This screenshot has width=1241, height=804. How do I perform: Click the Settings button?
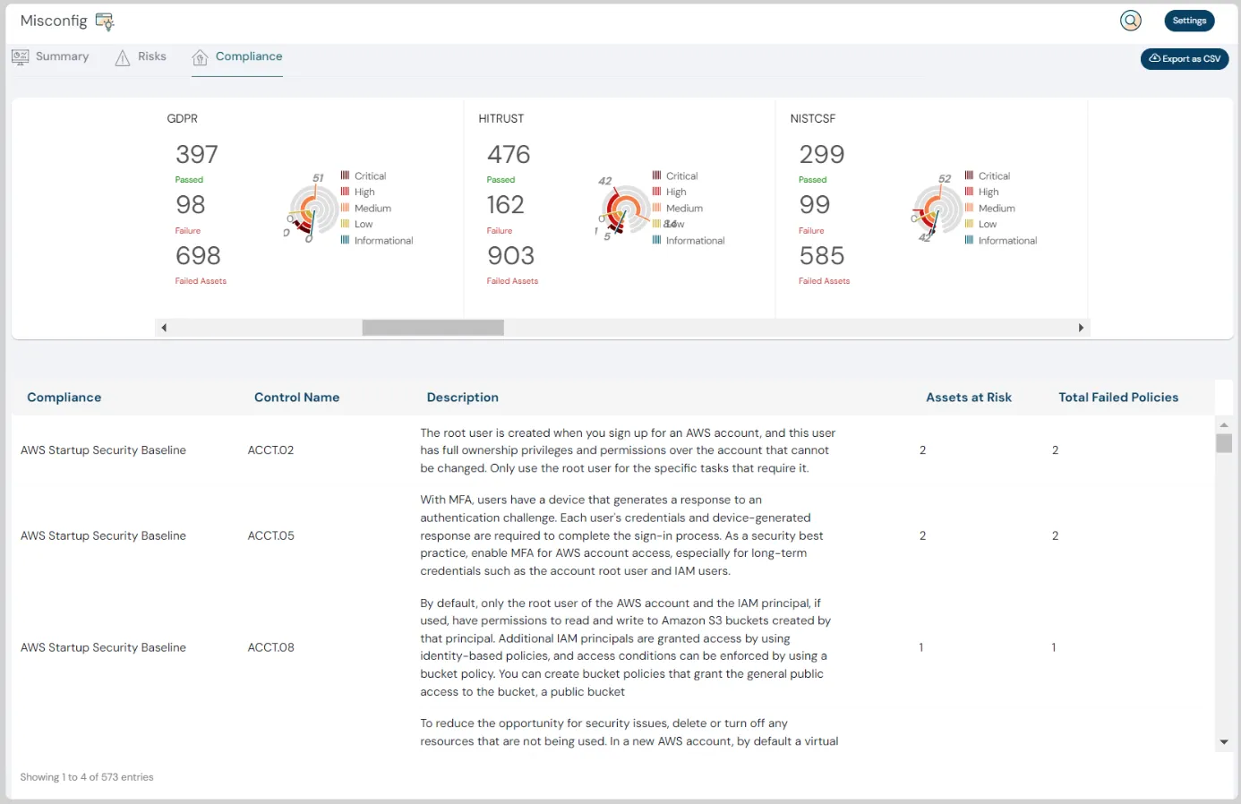(x=1189, y=21)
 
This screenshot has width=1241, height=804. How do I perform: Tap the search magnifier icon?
(x=1131, y=21)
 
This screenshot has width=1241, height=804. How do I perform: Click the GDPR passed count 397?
(x=197, y=155)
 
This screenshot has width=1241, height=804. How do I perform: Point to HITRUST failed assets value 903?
(x=510, y=256)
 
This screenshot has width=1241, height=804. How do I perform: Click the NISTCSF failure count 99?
(x=815, y=205)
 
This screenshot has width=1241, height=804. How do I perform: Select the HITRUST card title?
(x=501, y=118)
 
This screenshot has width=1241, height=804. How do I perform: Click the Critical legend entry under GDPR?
(x=370, y=176)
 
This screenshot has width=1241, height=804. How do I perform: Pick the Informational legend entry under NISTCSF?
(x=1007, y=241)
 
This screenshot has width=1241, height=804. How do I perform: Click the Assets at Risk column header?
(x=969, y=398)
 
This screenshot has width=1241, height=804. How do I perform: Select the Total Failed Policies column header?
(x=1118, y=398)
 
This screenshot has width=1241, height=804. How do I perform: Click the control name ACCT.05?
(x=271, y=536)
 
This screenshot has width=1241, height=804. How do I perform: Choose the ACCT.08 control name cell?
(x=271, y=647)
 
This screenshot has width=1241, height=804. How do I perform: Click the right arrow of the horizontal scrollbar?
(x=1081, y=328)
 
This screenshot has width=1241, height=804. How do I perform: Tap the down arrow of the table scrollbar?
(x=1224, y=742)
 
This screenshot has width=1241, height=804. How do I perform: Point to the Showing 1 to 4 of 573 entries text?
(x=87, y=777)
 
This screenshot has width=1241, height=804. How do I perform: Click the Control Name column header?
(x=296, y=398)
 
